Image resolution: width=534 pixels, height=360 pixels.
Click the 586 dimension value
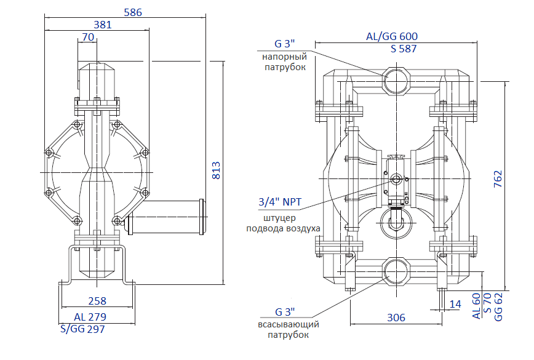133,12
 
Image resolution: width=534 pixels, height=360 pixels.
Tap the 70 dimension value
87,38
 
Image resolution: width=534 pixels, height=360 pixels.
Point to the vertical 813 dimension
216,170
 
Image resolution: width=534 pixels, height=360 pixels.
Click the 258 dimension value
97,301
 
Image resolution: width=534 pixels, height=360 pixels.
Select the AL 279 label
90,317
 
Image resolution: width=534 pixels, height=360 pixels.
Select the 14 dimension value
455,304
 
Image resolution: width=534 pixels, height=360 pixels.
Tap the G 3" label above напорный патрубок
285,44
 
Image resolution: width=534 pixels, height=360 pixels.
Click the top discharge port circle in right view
396,79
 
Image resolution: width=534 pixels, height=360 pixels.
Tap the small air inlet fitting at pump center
396,180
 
